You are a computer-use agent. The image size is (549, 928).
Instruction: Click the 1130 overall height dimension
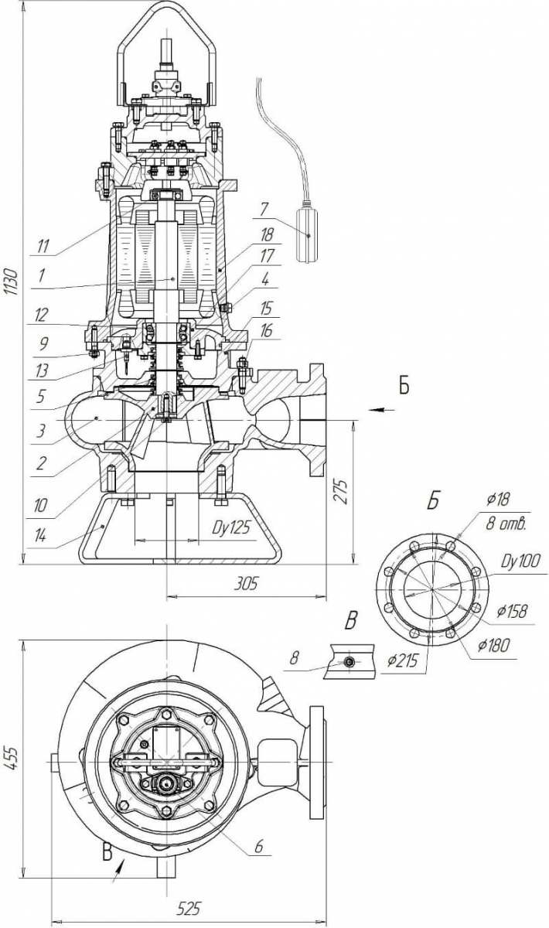pyautogui.click(x=10, y=285)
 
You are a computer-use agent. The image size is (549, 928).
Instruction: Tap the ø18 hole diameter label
pyautogui.click(x=500, y=500)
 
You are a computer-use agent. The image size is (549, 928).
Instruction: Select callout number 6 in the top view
pyautogui.click(x=259, y=847)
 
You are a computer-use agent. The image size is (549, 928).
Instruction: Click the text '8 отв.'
pyautogui.click(x=506, y=525)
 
